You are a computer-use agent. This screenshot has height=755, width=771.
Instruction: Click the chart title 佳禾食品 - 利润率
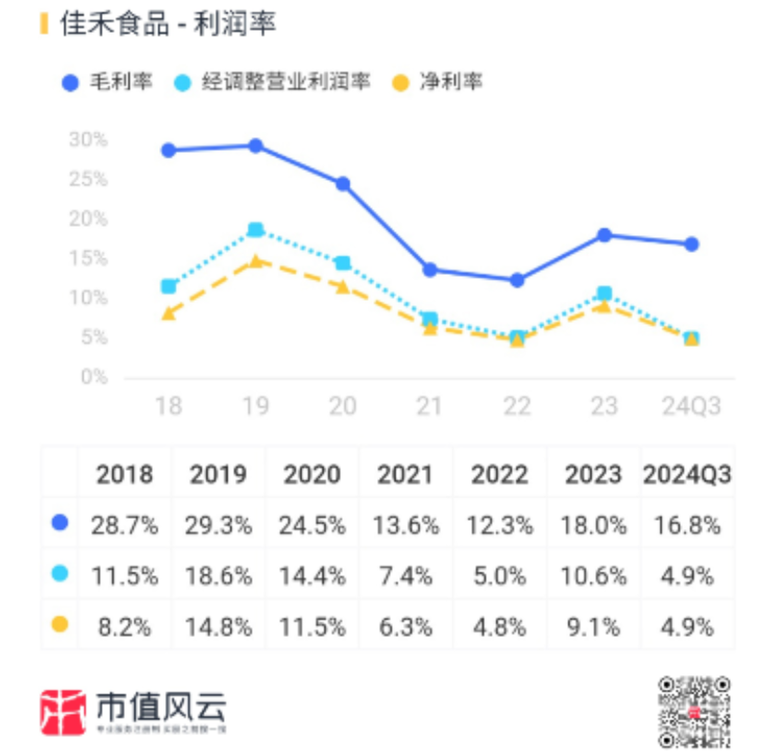coord(168,24)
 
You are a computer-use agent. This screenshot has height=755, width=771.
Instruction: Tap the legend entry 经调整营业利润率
coord(273,82)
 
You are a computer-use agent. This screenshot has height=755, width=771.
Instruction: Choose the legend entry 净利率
coord(438,82)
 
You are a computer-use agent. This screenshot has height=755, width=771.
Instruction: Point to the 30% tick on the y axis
coord(87,139)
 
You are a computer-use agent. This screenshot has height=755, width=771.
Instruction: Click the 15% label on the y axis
coord(87,258)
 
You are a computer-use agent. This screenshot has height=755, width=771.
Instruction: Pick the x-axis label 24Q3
coord(691,406)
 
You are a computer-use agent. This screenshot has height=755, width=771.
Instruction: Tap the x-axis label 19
coord(255,406)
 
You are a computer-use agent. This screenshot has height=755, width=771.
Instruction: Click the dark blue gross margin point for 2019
coord(255,146)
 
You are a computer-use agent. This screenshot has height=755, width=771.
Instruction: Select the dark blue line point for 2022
coord(517,280)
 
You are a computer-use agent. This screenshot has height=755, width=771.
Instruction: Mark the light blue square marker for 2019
coord(255,230)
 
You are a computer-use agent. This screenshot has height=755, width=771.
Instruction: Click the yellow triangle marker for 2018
coord(169,312)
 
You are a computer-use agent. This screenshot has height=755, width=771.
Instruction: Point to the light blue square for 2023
coord(604,293)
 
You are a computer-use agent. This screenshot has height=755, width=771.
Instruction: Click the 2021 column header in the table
coord(404,475)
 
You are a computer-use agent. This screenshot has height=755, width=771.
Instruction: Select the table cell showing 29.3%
coord(218,525)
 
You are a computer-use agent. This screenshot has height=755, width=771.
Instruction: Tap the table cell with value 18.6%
coord(218,576)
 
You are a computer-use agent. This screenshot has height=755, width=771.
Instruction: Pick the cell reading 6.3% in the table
coord(404,627)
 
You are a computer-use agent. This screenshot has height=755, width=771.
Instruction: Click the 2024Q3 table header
coord(687,475)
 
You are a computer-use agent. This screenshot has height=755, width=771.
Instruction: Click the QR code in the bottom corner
coord(693,712)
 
